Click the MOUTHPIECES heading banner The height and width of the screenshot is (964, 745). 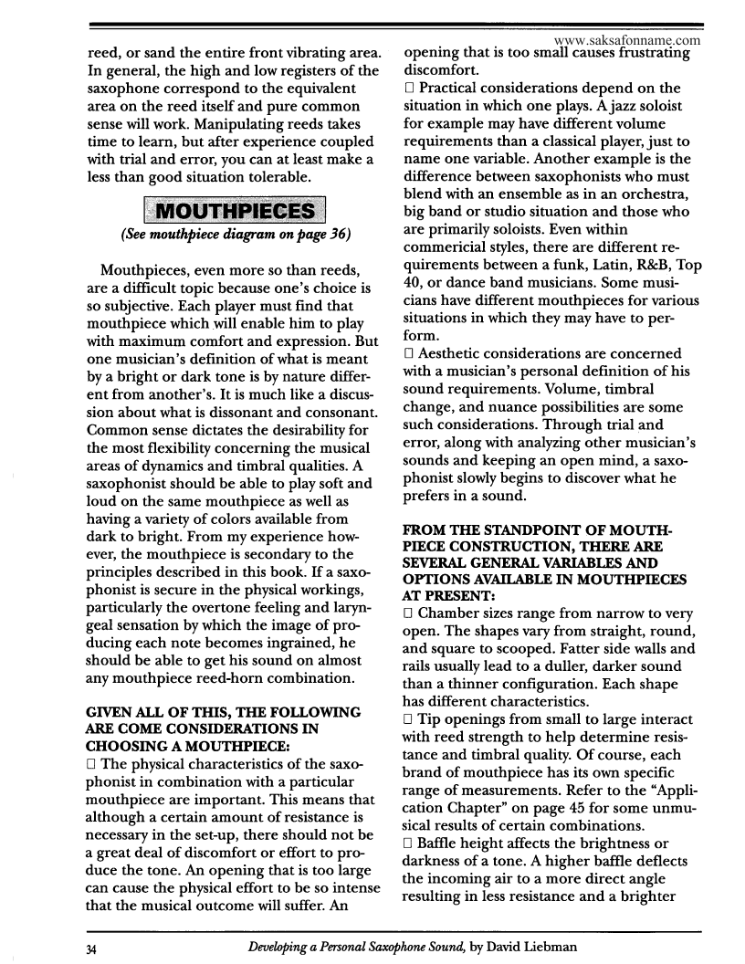235,214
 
